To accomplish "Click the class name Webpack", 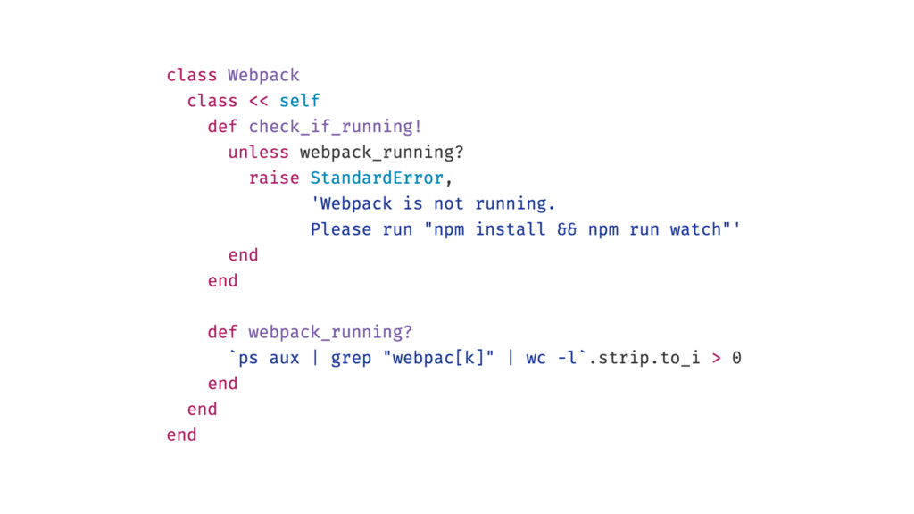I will point(263,75).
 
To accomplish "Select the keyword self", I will point(299,101).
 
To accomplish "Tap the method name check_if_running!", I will point(335,126).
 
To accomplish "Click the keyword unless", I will point(258,152).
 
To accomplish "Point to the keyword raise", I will point(274,178).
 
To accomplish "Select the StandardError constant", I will point(376,178).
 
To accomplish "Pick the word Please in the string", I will point(341,229).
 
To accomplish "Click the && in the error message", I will point(567,229).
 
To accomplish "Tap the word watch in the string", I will point(694,229).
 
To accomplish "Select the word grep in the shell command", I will point(351,358).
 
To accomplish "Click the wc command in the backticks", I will point(536,358).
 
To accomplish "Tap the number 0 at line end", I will point(736,358).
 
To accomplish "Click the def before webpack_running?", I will point(222,332).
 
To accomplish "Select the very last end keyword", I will point(181,435).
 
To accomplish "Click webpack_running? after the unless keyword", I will point(382,152).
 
